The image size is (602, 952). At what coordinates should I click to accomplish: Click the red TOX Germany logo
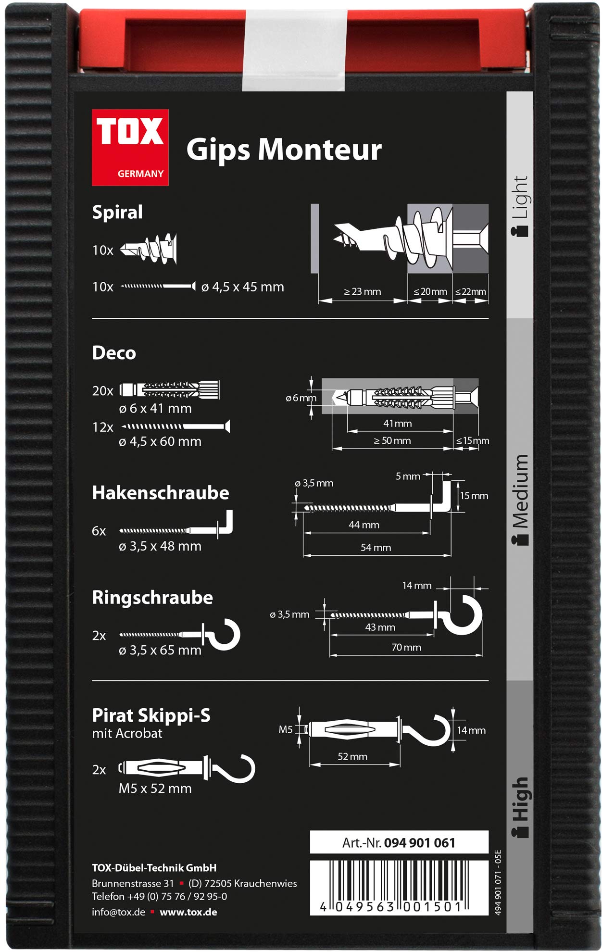130,147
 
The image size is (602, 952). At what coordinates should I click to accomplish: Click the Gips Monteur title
284,150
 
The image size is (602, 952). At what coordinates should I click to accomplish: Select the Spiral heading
117,213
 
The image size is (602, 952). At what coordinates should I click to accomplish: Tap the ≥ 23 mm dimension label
363,291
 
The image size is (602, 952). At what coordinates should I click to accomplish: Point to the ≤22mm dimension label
471,291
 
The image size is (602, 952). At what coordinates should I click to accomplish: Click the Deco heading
114,353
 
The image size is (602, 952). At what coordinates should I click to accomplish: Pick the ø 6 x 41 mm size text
155,409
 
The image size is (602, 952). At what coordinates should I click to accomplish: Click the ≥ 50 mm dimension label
392,440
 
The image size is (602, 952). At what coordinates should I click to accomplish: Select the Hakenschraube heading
161,493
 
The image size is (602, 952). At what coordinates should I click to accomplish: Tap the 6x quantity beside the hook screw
99,531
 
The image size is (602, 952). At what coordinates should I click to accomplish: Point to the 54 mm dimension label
376,547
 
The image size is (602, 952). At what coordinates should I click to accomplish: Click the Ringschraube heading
152,598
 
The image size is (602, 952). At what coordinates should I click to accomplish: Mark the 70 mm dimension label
406,647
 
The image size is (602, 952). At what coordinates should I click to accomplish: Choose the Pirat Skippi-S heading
151,715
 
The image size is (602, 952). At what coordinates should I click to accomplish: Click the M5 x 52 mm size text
155,789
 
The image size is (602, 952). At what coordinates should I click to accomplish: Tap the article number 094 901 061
420,842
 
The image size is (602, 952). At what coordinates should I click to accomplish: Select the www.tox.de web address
188,912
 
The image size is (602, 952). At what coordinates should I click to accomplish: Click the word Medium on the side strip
521,490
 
